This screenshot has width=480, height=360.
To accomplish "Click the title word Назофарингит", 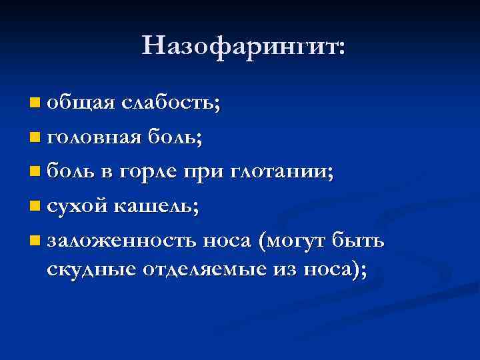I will [243, 46].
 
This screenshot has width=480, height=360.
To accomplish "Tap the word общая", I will [81, 103].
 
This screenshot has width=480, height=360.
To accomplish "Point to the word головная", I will [93, 138].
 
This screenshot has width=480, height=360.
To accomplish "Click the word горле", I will [148, 173].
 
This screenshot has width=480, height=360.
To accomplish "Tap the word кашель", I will [153, 207].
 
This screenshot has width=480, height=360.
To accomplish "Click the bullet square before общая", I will [35, 104].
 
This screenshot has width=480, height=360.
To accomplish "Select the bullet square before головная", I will [35, 139].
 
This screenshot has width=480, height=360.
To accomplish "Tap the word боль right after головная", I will [174, 137].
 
